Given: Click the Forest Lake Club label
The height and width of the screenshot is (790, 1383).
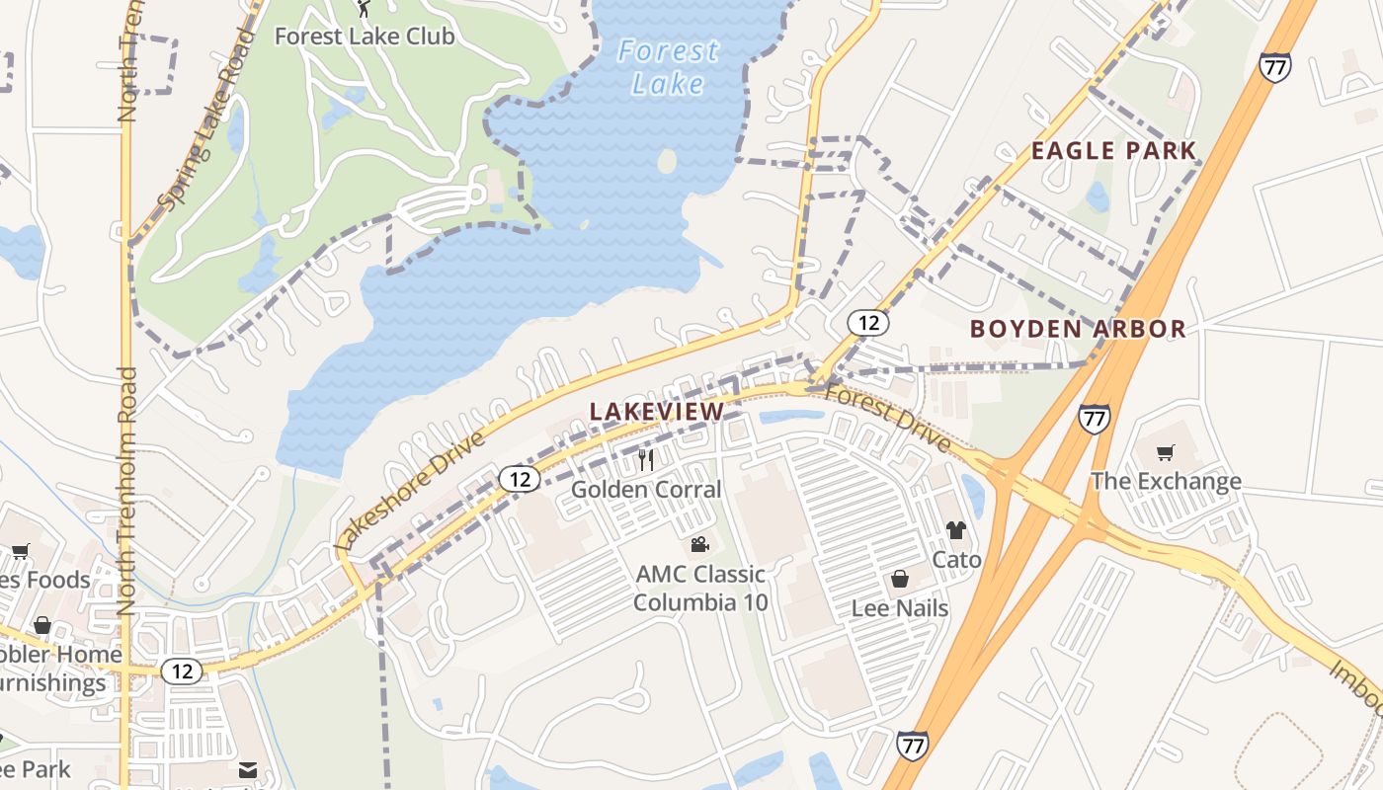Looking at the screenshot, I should pos(364,37).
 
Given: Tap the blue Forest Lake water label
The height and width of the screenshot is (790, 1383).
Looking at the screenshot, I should pos(668,67).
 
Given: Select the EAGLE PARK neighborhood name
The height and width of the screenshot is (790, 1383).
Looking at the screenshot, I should pos(1113,151).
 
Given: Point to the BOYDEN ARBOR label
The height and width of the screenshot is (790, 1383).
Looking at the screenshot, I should pos(1078,329).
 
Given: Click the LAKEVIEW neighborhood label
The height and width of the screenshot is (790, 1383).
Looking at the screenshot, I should pos(657,411).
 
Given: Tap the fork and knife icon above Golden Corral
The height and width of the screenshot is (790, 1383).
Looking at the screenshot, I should pos(646,460).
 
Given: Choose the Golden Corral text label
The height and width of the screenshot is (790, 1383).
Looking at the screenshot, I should pos(646,489).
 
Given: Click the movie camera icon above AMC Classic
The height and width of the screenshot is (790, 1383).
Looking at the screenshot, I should pos(699,545).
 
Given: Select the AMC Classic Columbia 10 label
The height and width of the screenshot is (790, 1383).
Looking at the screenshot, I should pos(700,588).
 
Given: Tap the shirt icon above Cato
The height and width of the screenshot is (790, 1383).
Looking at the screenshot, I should pos(955,531).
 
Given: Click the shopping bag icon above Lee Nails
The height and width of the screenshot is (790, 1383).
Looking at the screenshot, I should pos(900,579).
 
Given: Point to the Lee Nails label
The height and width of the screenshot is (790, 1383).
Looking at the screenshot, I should pos(900,607).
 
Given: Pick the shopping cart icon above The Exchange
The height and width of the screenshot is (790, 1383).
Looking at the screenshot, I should pos(1166,453).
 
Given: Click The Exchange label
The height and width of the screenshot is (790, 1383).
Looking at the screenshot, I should pos(1166,482).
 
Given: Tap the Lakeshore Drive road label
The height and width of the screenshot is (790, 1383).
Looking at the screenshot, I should pos(411,491).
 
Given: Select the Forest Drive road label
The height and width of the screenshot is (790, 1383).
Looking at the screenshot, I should pos(887,418).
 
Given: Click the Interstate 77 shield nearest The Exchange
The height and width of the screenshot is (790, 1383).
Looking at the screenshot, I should pos(1094,417).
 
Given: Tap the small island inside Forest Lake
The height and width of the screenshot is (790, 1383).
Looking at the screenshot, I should pos(668,161).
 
